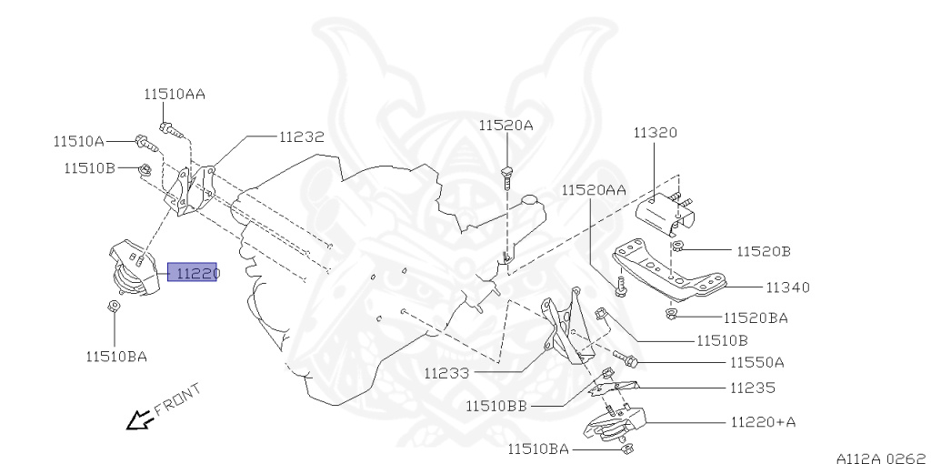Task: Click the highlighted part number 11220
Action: click(192, 272)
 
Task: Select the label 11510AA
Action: click(174, 94)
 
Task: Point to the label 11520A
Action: click(506, 125)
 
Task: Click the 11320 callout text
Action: click(655, 133)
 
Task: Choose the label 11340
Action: click(786, 287)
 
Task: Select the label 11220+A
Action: click(763, 422)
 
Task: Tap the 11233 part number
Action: click(446, 372)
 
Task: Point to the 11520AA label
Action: click(593, 189)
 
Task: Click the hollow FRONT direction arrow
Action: click(139, 419)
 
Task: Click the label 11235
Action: click(752, 387)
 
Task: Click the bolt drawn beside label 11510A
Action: click(145, 142)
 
